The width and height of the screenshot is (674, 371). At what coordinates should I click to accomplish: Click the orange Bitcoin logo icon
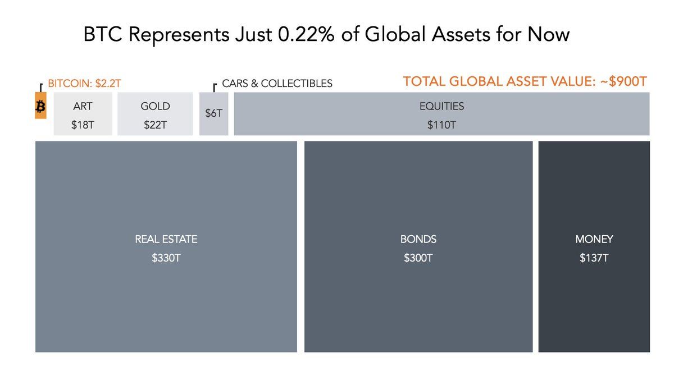tap(40, 107)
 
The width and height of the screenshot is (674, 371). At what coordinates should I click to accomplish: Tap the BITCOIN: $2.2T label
tap(84, 84)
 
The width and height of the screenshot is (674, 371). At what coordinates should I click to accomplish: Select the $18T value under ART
tap(83, 125)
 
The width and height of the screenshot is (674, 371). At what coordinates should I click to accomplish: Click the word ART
tap(83, 106)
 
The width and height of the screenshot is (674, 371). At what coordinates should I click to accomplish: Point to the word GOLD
tap(155, 106)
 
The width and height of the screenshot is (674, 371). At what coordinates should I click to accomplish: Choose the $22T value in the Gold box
tap(155, 125)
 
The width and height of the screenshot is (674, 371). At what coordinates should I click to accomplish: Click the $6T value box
tap(213, 113)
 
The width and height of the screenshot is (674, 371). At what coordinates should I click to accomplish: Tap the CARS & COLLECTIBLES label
tap(277, 84)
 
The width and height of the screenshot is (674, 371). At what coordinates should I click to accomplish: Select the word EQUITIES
tap(441, 106)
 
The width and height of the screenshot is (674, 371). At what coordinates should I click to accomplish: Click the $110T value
tap(441, 125)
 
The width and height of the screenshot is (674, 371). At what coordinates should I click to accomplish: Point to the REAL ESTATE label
tap(166, 239)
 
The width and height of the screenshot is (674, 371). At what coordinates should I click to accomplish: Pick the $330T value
tap(166, 259)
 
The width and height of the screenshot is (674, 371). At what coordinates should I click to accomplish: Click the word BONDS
tap(418, 239)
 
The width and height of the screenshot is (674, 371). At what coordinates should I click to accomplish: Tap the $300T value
tap(418, 259)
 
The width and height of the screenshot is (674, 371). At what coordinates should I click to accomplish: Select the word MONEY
tap(594, 239)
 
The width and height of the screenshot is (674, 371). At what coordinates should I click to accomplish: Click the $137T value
tap(594, 259)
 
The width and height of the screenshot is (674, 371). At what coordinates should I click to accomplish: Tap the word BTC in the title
tap(102, 35)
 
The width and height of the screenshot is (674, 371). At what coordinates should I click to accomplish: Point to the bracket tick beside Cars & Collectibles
tap(215, 86)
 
